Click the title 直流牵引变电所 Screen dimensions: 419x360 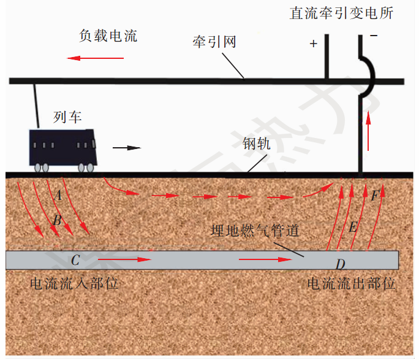coord(341,13)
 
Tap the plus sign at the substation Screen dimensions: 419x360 coord(314,44)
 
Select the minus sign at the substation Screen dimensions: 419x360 coord(374,36)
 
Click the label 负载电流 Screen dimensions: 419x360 coord(108,36)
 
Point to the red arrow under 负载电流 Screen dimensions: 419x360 coord(96,58)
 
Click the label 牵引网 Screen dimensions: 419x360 coord(214,42)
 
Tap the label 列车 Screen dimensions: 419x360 coord(67,117)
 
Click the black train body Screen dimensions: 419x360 coord(63,148)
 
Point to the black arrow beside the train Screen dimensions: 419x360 coord(127,148)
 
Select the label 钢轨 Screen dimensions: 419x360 coord(257,144)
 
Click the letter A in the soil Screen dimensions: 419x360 coord(58,195)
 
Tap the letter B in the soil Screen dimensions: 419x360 coord(57,220)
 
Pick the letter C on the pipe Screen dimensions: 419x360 coord(75,260)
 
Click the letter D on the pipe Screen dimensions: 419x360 coord(341,264)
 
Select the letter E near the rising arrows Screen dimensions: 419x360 coord(353,227)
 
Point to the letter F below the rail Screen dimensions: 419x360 coord(376,196)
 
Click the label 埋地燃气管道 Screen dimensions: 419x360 coord(255,230)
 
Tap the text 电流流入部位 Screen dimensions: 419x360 coord(74,283)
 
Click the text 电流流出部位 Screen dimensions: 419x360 coord(352,283)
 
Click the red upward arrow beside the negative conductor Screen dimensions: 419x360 coord(369,131)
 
